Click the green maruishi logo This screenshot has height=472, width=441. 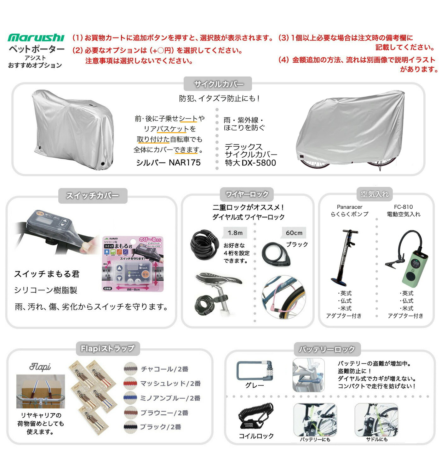coord(36,38)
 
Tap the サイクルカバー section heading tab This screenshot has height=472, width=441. coord(218,84)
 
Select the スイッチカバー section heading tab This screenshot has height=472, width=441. coord(93,195)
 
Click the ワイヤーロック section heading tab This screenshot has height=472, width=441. coord(247,194)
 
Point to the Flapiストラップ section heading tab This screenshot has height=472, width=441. coord(108,348)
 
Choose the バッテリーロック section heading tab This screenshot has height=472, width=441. coord(327,349)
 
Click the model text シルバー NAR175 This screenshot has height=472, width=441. coord(168,162)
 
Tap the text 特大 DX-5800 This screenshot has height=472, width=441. coord(250,163)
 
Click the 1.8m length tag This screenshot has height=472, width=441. coord(235,233)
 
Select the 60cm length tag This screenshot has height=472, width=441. coord(294,233)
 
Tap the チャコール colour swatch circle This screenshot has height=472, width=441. coord(130,369)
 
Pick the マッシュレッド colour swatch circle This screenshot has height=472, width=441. coord(130,383)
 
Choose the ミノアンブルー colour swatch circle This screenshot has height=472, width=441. coord(130,398)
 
